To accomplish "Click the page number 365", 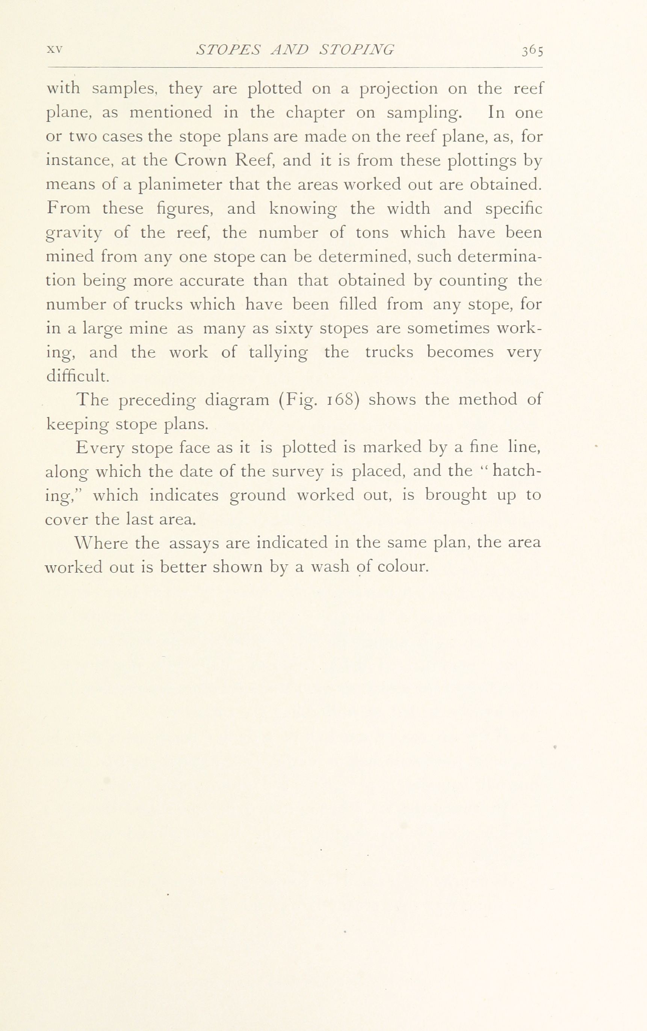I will pos(532,51).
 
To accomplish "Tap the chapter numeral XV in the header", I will pos(55,49).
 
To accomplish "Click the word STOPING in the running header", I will pos(357,50).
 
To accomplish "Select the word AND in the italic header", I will pos(290,50).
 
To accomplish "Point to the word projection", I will pos(398,89).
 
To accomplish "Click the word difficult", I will pos(77,376).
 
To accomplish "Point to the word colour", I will pos(403,567).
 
